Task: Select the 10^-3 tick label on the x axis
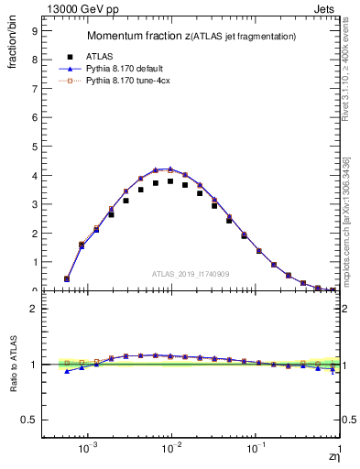point(88,450)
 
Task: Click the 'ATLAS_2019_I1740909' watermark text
point(191,274)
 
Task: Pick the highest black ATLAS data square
point(170,181)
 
